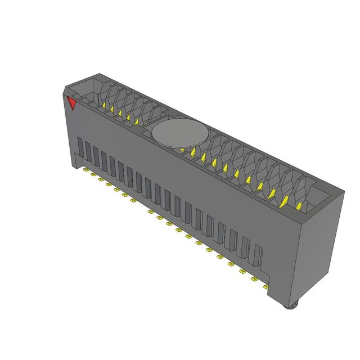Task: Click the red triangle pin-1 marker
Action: [71, 103]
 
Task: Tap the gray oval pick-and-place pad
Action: [179, 134]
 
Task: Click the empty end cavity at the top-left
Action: [84, 90]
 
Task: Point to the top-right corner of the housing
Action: [343, 193]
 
